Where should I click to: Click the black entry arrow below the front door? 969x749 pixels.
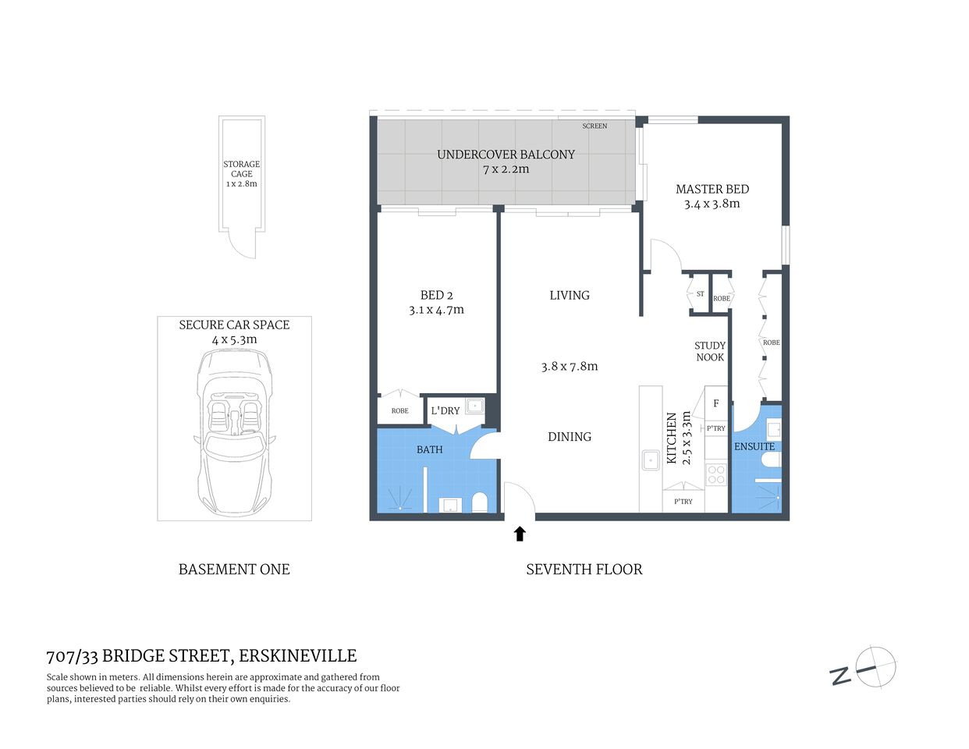click(520, 534)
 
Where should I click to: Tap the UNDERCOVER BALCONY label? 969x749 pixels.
click(506, 154)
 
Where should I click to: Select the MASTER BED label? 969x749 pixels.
click(712, 189)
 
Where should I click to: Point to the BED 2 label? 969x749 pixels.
click(436, 295)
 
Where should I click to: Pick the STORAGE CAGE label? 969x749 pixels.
click(242, 169)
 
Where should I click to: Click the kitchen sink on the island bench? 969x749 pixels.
click(651, 460)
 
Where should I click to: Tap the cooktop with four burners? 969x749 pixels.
click(715, 474)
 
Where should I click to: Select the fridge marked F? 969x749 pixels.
click(716, 403)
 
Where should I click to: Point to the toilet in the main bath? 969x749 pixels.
click(479, 502)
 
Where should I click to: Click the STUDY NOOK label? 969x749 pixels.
click(710, 351)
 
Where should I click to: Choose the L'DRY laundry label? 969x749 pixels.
click(445, 410)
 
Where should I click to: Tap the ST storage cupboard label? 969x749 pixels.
click(700, 294)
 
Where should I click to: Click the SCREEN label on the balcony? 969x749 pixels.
click(595, 126)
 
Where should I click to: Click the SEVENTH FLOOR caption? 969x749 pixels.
click(584, 570)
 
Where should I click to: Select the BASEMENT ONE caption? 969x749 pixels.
click(234, 570)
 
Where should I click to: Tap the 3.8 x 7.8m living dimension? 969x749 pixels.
click(570, 366)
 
